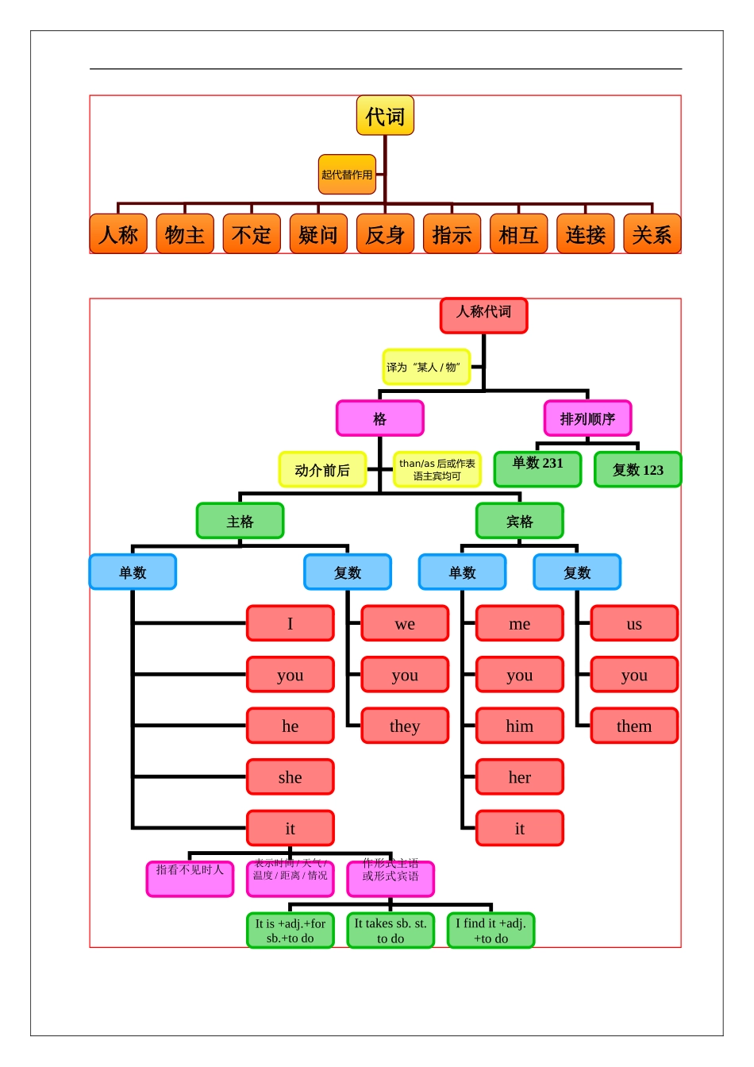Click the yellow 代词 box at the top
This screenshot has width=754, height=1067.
pyautogui.click(x=385, y=116)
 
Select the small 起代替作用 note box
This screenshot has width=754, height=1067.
pyautogui.click(x=347, y=175)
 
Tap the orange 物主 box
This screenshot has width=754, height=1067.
pyautogui.click(x=185, y=234)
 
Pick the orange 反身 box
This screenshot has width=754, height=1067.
pyautogui.click(x=385, y=234)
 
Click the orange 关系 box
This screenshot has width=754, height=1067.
pyautogui.click(x=652, y=234)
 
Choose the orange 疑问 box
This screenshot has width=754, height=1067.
pyautogui.click(x=318, y=234)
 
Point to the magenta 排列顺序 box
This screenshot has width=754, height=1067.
pyautogui.click(x=587, y=418)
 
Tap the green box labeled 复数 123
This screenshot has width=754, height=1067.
pyautogui.click(x=637, y=469)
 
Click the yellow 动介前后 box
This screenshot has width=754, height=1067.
pyautogui.click(x=322, y=470)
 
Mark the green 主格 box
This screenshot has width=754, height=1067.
pyautogui.click(x=240, y=521)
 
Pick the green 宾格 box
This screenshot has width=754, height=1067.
pyautogui.click(x=519, y=521)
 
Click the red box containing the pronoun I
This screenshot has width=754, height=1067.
pyautogui.click(x=290, y=623)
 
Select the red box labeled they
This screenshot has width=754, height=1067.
pyautogui.click(x=405, y=726)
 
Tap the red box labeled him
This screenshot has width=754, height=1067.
pyautogui.click(x=519, y=726)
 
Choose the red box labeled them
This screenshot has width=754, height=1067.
pyautogui.click(x=634, y=726)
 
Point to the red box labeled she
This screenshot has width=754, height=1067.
pyautogui.click(x=290, y=777)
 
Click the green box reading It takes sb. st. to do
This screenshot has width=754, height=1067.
pyautogui.click(x=390, y=930)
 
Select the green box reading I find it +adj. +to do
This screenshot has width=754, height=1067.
pyautogui.click(x=490, y=930)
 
